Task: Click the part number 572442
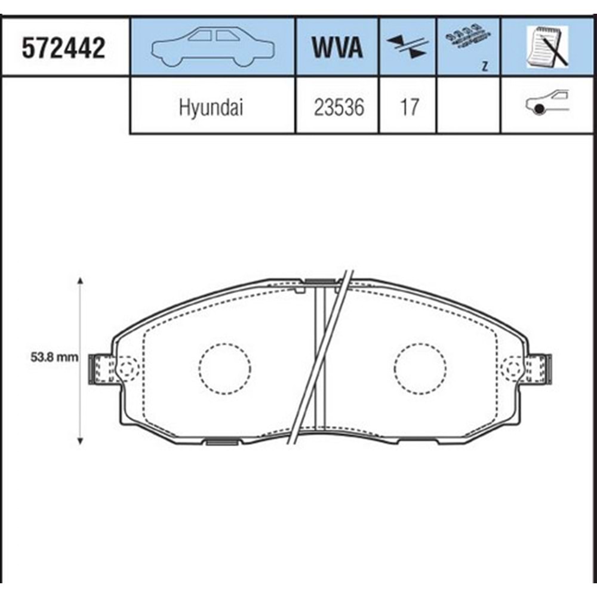tap(63, 48)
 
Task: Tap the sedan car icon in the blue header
tap(213, 47)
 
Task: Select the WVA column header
tap(337, 47)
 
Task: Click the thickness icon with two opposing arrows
tap(407, 47)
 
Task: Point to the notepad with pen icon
tap(547, 47)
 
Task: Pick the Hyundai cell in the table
tap(211, 107)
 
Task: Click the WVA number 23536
tap(339, 107)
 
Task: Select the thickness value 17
tap(410, 107)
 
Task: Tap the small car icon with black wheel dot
tap(547, 102)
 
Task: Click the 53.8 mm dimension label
tap(54, 358)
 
